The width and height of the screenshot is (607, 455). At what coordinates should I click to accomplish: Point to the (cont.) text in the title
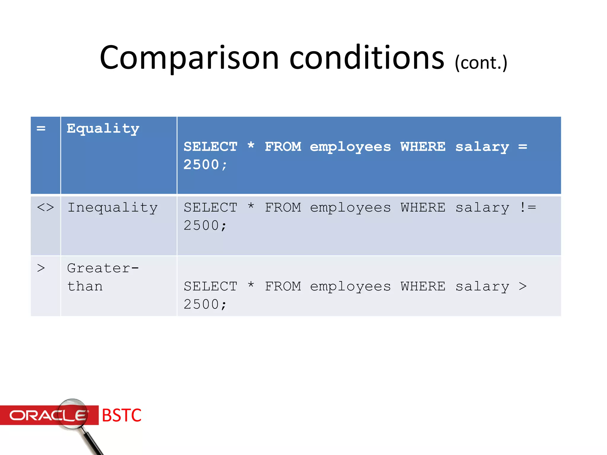click(x=481, y=63)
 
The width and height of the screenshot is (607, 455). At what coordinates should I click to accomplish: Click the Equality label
click(x=103, y=129)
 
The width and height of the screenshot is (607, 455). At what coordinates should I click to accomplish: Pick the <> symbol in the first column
click(x=45, y=207)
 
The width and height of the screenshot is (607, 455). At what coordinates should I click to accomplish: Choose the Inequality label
click(x=112, y=207)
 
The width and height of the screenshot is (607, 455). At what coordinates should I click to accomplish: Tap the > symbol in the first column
click(x=41, y=268)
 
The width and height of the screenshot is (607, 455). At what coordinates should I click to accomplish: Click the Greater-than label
click(x=103, y=277)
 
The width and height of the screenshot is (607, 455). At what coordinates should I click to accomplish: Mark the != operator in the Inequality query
click(x=528, y=207)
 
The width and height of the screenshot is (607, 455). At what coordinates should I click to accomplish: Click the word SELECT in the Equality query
click(x=210, y=147)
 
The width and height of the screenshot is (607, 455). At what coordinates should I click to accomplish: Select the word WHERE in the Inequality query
click(x=423, y=207)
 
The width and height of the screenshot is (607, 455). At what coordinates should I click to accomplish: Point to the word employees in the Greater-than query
click(x=350, y=286)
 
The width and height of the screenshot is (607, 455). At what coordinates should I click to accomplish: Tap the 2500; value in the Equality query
click(x=205, y=165)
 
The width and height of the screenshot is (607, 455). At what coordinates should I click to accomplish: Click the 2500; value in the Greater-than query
click(x=205, y=305)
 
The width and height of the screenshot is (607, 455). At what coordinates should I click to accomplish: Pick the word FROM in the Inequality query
click(x=283, y=207)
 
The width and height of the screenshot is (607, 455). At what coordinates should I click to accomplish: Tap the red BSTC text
click(x=122, y=415)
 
